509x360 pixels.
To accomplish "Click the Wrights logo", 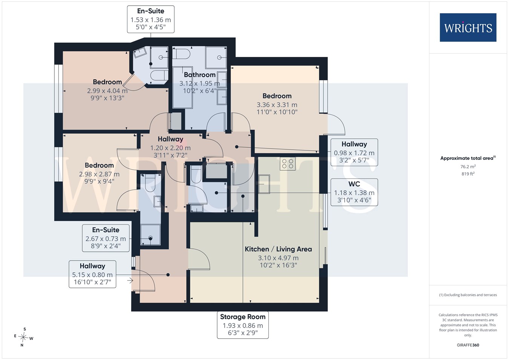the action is [x=468, y=28].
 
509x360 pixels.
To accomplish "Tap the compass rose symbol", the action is [x=23, y=337].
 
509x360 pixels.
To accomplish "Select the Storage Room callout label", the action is [x=243, y=325].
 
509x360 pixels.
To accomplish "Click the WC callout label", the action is [x=354, y=192].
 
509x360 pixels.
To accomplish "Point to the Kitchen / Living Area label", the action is [x=278, y=249].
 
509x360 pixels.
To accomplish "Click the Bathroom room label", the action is [x=199, y=75].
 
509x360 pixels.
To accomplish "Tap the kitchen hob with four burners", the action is [x=288, y=164].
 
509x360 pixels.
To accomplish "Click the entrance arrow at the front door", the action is [x=130, y=281].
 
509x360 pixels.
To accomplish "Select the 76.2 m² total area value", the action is [x=468, y=167].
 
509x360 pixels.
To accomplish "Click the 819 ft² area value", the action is [x=468, y=174].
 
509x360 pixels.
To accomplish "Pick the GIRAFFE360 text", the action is [x=468, y=345].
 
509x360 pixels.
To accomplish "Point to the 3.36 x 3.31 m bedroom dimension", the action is [x=277, y=105].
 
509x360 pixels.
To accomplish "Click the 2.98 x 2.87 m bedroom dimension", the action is [x=99, y=174].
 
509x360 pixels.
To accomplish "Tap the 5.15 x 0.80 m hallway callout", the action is [x=92, y=274].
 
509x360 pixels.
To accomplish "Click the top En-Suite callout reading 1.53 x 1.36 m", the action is [x=151, y=19].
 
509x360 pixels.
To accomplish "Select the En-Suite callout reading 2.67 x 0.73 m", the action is [x=106, y=238].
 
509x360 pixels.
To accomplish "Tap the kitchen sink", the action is [x=264, y=184].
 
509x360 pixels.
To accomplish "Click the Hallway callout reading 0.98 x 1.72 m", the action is [x=354, y=152].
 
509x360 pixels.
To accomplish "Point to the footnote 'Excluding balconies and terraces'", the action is [x=468, y=295].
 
